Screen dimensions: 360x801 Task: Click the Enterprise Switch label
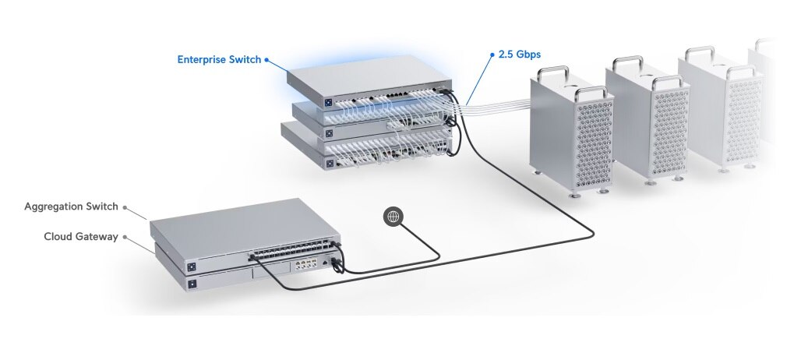tap(219, 59)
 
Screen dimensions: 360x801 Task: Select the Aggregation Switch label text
tap(71, 206)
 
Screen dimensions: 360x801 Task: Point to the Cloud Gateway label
tap(81, 236)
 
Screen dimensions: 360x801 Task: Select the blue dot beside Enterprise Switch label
tap(267, 59)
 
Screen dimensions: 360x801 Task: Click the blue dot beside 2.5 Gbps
tap(492, 55)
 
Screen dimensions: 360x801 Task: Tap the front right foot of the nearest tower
tap(577, 196)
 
